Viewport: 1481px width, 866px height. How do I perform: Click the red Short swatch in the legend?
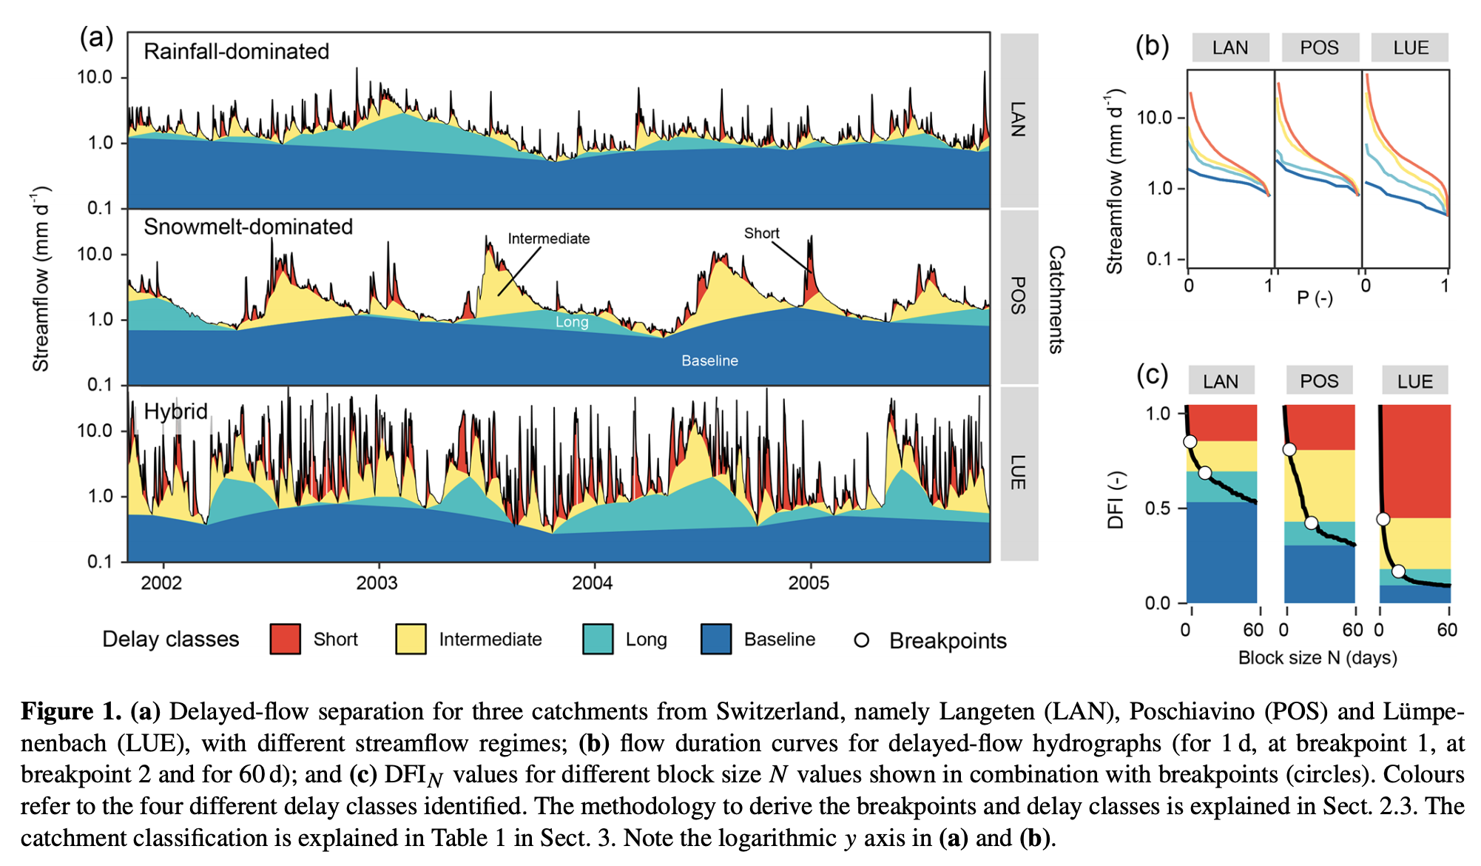click(285, 639)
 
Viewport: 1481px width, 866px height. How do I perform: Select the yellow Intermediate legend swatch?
click(411, 639)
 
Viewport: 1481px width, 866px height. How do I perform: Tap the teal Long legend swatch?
click(598, 639)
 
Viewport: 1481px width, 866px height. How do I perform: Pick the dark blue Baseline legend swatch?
click(716, 639)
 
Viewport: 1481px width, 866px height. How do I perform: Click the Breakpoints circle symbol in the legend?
click(861, 640)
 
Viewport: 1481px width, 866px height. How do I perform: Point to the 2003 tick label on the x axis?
click(377, 583)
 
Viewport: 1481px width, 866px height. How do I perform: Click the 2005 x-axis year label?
click(809, 583)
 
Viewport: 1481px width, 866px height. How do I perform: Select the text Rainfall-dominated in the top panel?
click(236, 52)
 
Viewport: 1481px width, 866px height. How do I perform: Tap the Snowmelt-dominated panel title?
click(248, 226)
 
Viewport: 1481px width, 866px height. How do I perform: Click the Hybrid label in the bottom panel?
click(175, 412)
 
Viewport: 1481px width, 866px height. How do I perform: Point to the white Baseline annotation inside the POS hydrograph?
click(709, 360)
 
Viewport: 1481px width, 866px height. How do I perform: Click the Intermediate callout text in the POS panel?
click(548, 238)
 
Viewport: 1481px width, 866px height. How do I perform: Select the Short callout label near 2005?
click(761, 233)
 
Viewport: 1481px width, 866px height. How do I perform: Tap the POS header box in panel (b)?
click(1319, 47)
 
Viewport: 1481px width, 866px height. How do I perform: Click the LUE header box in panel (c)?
click(1414, 381)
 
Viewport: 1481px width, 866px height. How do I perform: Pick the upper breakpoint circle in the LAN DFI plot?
click(1190, 442)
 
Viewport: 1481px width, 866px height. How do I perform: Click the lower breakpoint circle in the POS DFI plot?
click(1311, 523)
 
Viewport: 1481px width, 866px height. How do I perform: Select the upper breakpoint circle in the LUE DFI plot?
click(1383, 519)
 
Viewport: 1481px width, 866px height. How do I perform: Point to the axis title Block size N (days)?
click(1318, 657)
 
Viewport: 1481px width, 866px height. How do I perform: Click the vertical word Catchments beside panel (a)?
click(1056, 299)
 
